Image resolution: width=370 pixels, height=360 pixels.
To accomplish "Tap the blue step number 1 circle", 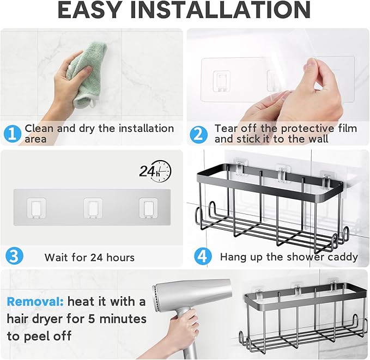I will (13, 134).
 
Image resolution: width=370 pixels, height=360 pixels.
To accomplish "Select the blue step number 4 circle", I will (203, 255).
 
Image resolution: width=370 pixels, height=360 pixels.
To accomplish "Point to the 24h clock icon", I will (155, 172).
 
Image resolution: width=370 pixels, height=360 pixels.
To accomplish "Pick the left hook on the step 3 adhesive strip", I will (37, 207).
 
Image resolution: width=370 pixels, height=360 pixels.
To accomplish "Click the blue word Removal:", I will (34, 301).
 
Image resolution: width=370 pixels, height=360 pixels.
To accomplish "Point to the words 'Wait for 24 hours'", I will (89, 257).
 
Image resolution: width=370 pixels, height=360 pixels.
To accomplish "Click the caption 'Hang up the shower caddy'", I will (289, 257).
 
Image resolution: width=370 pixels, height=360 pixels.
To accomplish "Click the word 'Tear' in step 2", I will (226, 129).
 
